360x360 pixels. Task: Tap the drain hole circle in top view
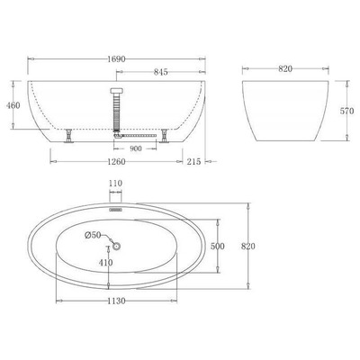click(x=116, y=245)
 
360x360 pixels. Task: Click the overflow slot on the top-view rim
click(x=115, y=204)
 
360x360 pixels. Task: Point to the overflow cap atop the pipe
click(x=115, y=90)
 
